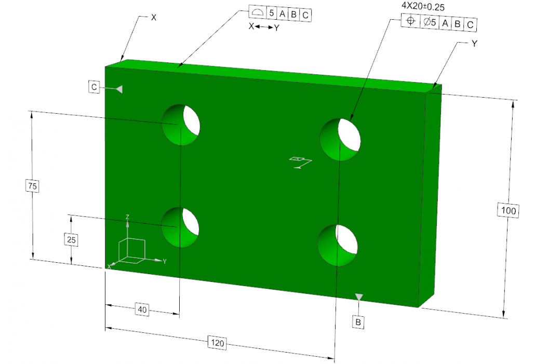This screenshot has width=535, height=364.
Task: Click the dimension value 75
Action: pyautogui.click(x=32, y=185)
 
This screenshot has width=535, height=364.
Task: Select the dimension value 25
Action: pyautogui.click(x=71, y=239)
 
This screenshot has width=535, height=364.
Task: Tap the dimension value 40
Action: pyautogui.click(x=141, y=309)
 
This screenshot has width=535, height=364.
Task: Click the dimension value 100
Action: pyautogui.click(x=510, y=210)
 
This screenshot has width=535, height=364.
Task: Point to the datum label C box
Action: pyautogui.click(x=93, y=87)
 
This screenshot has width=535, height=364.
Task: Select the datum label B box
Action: pyautogui.click(x=358, y=322)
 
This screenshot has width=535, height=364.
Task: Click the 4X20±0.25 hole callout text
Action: pyautogui.click(x=423, y=7)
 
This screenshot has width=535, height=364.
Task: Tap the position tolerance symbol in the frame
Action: pyautogui.click(x=410, y=23)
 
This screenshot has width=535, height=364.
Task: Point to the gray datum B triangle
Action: pyautogui.click(x=358, y=296)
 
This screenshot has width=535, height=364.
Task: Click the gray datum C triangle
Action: pyautogui.click(x=119, y=89)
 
